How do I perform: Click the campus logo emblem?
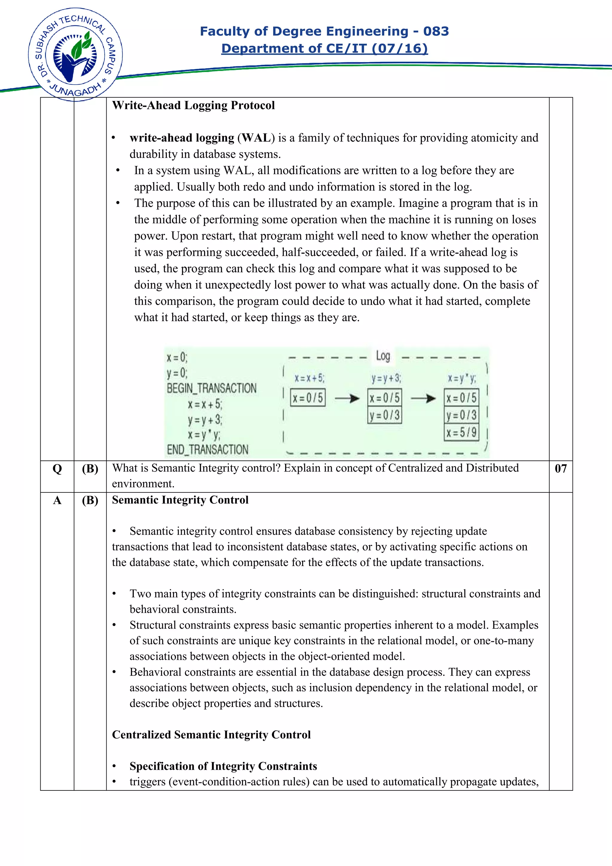[75, 55]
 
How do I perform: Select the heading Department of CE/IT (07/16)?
[324, 49]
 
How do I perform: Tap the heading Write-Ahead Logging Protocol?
[193, 105]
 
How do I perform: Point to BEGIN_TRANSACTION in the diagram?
[212, 388]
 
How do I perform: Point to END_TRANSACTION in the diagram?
[207, 450]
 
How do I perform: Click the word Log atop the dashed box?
[383, 356]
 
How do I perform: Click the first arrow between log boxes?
[347, 398]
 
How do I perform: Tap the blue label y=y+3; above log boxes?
[386, 378]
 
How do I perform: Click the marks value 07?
[560, 469]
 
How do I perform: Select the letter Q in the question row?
[57, 469]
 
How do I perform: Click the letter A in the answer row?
[57, 501]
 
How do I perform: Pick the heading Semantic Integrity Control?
[180, 500]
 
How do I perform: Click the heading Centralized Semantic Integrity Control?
[211, 735]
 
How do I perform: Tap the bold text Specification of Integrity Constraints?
[223, 766]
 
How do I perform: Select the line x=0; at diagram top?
[177, 357]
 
